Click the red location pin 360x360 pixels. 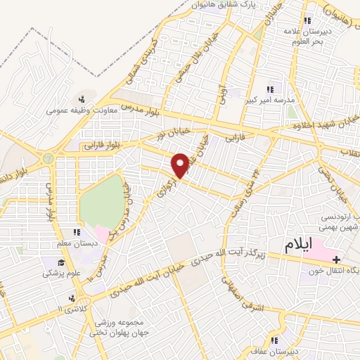coord(181,165)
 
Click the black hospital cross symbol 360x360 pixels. coord(336,259)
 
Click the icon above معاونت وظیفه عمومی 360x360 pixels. coord(83,98)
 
